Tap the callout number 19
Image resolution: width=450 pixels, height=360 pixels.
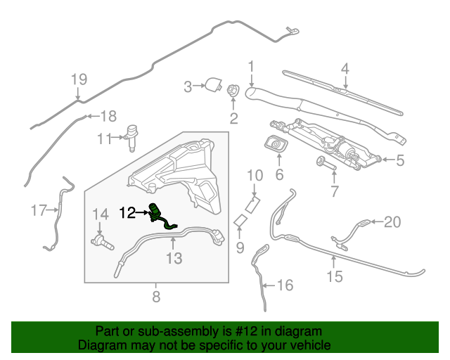point(78,79)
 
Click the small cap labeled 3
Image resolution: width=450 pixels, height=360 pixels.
point(211,86)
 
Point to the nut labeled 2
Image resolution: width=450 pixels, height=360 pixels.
point(233,91)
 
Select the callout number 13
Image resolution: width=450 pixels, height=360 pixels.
point(173,259)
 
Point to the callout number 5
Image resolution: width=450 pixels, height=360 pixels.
point(399,160)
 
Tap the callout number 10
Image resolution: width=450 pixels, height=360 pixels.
point(254,174)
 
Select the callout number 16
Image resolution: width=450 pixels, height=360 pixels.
point(285,286)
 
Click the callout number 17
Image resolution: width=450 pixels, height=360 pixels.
point(39,210)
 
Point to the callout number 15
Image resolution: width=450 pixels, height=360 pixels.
point(335,276)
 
